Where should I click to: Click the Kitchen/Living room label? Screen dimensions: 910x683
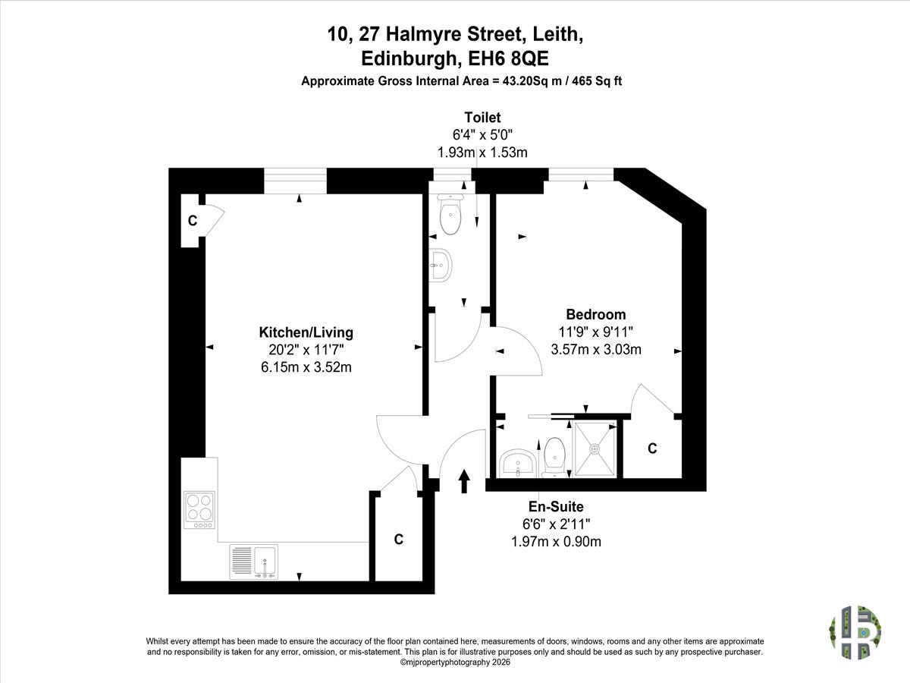click(x=306, y=332)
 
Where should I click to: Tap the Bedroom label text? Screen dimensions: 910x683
click(x=596, y=314)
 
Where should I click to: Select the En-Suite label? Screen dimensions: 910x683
click(x=556, y=506)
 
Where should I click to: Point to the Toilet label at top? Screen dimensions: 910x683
click(x=482, y=118)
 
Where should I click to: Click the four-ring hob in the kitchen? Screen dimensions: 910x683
click(x=199, y=510)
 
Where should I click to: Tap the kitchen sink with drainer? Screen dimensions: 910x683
click(x=254, y=562)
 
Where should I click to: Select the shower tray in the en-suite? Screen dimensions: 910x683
click(x=595, y=449)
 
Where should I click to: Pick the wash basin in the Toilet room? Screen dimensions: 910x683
click(x=441, y=266)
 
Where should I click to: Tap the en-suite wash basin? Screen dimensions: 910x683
click(x=518, y=463)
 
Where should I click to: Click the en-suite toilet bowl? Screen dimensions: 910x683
click(x=554, y=458)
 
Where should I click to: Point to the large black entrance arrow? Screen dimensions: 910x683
click(x=464, y=481)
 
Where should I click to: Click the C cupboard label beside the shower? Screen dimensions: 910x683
click(x=652, y=449)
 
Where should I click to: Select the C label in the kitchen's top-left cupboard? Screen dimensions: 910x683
click(x=193, y=221)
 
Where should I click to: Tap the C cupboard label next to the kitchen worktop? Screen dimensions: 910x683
click(x=398, y=539)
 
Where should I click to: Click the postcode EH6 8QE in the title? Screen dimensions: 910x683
click(x=508, y=58)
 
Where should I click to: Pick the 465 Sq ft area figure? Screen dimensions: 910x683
click(x=597, y=81)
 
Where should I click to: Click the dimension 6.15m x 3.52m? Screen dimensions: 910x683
click(x=306, y=367)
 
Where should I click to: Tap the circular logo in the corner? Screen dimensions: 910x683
click(x=855, y=632)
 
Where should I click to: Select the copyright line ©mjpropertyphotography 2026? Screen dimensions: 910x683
click(x=455, y=663)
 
